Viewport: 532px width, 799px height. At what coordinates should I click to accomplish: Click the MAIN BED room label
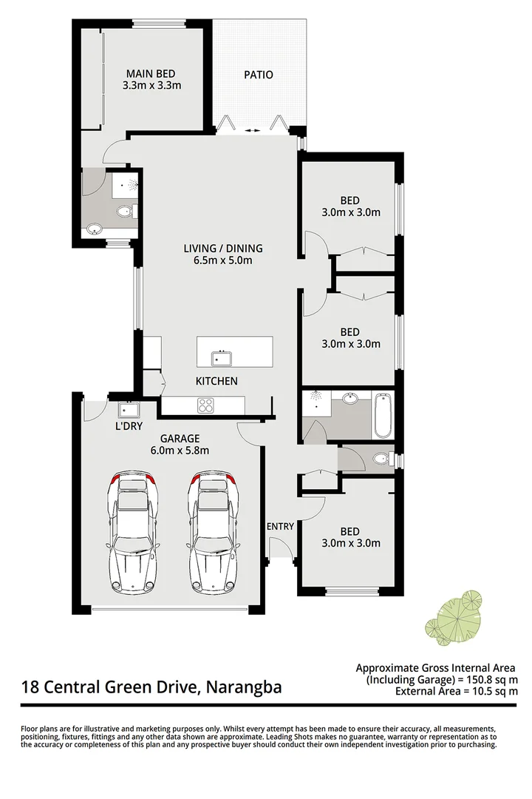[x=150, y=73]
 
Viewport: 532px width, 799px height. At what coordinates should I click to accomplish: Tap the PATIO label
[x=259, y=75]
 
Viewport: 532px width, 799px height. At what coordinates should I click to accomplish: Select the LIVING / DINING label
[x=223, y=249]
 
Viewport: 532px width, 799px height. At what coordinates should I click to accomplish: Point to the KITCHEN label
[x=216, y=381]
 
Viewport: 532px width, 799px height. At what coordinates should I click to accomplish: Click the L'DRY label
[x=129, y=427]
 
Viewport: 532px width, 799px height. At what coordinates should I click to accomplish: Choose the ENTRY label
[x=281, y=527]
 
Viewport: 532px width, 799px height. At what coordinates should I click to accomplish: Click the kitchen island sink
[x=222, y=358]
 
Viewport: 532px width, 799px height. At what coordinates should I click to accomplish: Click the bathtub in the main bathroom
[x=383, y=416]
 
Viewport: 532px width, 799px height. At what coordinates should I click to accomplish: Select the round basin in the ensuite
[x=95, y=229]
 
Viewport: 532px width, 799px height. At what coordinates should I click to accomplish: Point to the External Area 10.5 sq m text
[x=457, y=692]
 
